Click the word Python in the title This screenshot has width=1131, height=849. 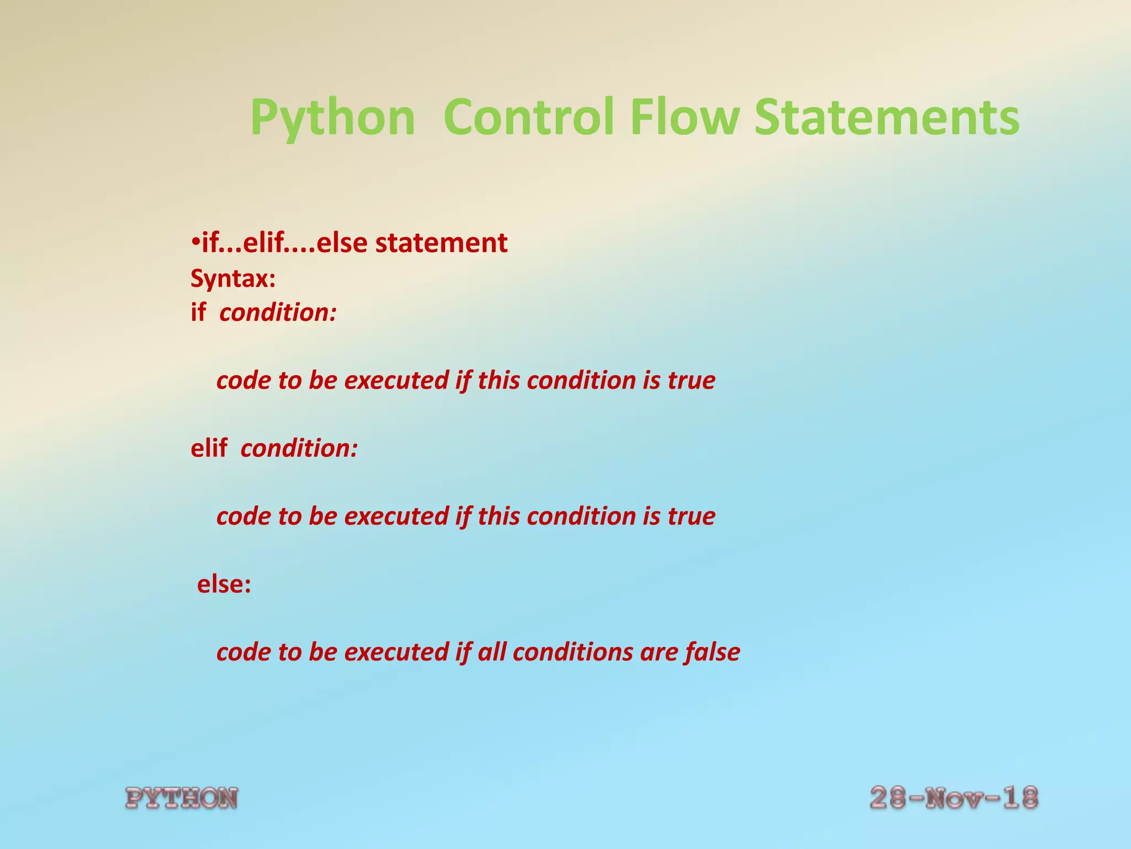point(332,118)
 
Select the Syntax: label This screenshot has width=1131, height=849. point(232,279)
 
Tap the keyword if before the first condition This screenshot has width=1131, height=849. point(198,313)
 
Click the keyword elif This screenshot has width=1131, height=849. point(208,448)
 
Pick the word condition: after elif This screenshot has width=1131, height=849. point(299,448)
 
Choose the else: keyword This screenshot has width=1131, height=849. point(224,584)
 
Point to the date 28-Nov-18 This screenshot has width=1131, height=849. point(954,798)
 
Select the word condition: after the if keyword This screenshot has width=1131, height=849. point(278,313)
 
